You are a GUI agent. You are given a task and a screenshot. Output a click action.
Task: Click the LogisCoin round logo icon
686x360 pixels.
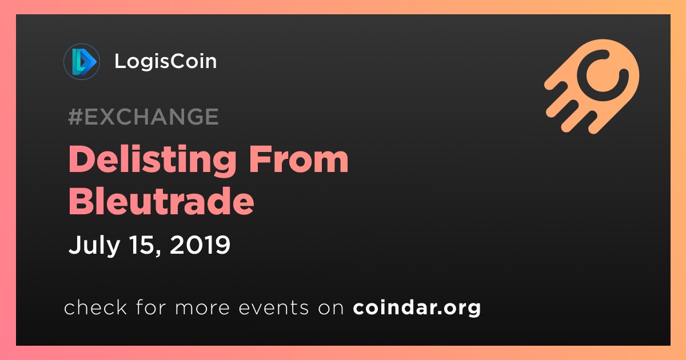click(81, 62)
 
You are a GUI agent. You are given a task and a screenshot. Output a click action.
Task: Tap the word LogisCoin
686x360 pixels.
click(166, 62)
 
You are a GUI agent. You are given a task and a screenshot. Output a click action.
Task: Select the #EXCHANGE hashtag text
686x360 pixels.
click(143, 117)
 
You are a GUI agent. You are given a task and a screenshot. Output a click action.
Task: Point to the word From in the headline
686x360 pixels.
click(298, 160)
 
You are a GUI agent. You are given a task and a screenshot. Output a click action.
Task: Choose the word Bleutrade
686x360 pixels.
click(161, 202)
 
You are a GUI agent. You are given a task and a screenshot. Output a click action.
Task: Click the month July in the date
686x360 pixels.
click(94, 246)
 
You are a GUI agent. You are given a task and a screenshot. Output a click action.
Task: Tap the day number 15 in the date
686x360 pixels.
click(142, 245)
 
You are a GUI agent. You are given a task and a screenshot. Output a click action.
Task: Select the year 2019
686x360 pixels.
click(200, 245)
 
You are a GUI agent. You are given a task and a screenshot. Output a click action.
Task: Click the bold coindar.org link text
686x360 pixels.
click(417, 308)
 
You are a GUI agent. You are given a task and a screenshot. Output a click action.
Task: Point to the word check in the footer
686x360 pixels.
click(95, 307)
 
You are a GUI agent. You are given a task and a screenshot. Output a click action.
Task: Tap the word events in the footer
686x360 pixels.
click(274, 308)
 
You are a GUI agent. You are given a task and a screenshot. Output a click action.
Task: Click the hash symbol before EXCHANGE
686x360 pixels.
click(75, 117)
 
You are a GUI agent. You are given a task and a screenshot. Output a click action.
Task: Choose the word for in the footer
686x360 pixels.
click(151, 307)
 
